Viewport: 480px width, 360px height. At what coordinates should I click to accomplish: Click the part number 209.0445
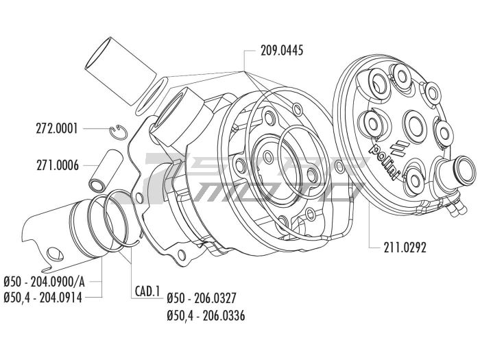282,50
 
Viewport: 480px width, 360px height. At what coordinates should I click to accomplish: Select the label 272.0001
57,128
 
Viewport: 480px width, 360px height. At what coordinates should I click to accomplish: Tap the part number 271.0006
57,165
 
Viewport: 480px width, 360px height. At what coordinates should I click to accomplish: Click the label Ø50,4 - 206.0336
206,316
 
